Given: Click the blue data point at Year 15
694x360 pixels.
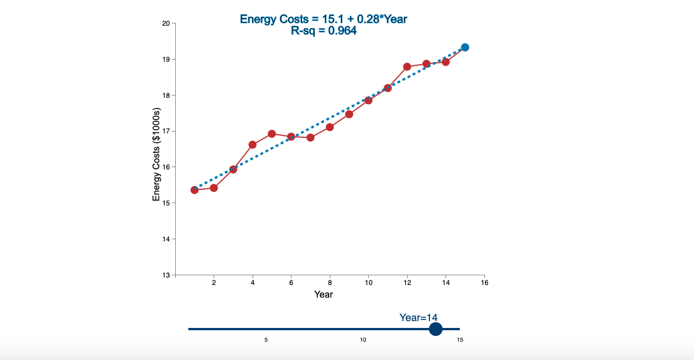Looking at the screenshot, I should tap(465, 47).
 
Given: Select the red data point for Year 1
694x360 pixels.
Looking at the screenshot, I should tap(195, 190).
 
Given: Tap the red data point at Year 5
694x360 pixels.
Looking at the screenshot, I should tap(272, 134).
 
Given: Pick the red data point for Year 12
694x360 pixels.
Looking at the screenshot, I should tap(407, 66).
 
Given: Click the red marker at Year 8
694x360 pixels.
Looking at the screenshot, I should tap(330, 127).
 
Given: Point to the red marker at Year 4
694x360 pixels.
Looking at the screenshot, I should tap(253, 144).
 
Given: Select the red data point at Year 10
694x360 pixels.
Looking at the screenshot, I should tap(369, 100).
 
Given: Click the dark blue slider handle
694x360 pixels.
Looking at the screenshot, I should tap(436, 329).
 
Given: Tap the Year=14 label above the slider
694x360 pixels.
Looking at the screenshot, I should tap(419, 318).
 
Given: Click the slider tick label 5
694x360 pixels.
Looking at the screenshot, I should tap(266, 340).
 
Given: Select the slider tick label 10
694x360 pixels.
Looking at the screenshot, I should tap(363, 340).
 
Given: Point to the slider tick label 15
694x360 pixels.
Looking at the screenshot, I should tap(460, 340).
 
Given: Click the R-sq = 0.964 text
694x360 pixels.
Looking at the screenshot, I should tap(324, 31).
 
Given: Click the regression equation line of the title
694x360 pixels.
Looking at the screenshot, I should tap(324, 19).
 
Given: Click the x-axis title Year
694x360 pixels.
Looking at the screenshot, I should tap(324, 294).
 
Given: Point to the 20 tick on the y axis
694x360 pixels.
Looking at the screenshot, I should tap(166, 23).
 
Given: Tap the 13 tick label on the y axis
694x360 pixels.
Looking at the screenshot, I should tap(166, 275).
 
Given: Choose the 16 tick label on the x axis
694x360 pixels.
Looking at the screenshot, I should tap(484, 283).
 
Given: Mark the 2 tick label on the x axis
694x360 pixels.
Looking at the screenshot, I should tap(214, 283).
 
